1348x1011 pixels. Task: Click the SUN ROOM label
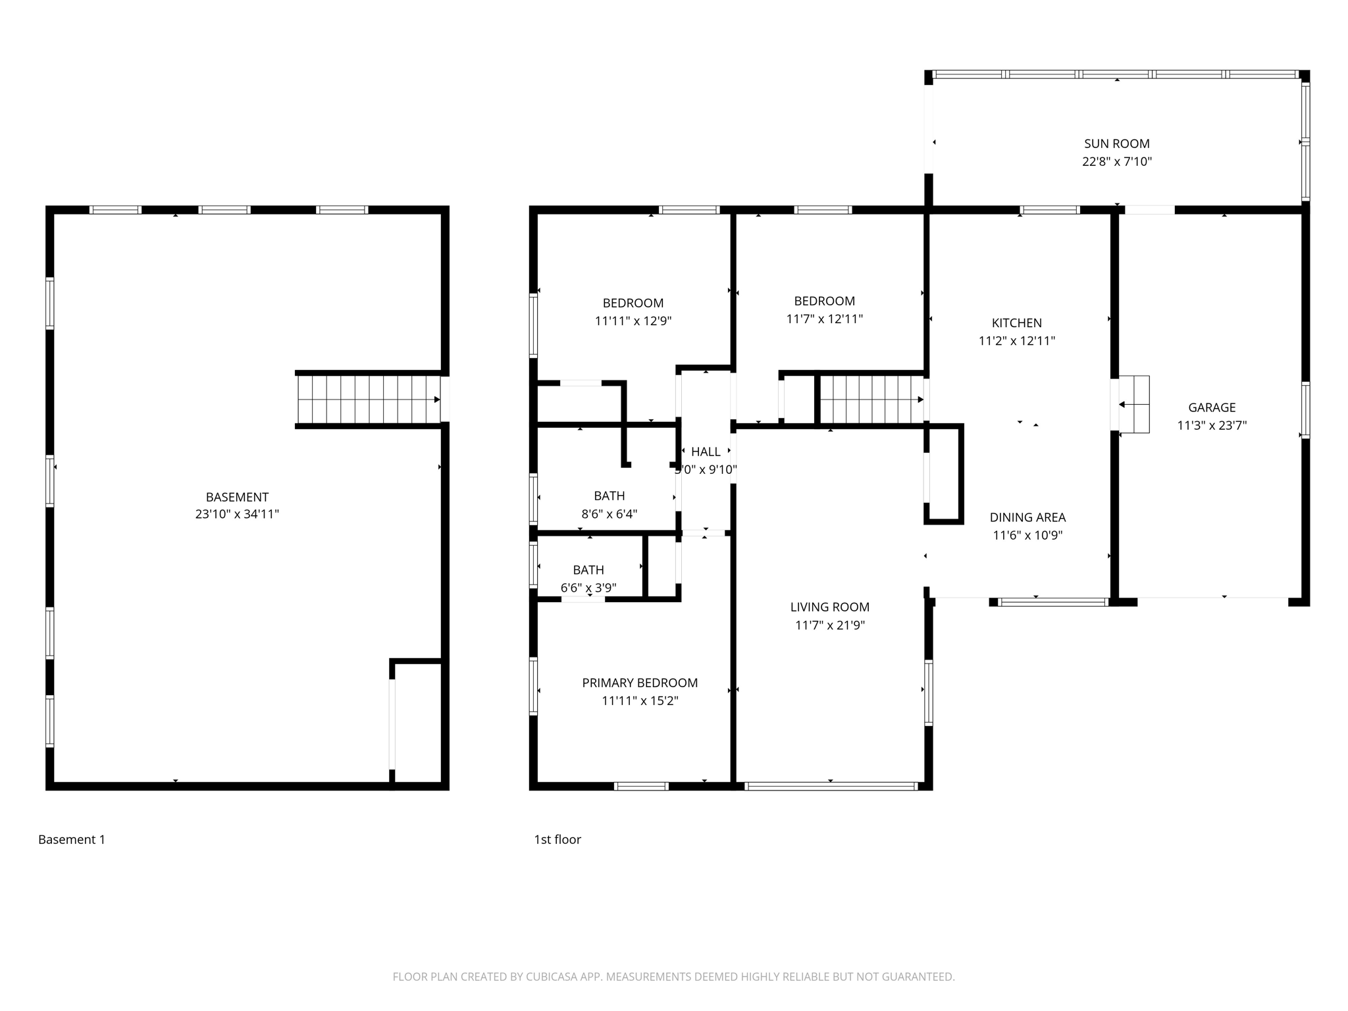[1116, 143]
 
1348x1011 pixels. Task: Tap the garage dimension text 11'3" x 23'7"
[1212, 425]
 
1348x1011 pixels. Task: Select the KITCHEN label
[1016, 323]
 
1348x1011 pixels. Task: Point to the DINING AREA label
[1027, 517]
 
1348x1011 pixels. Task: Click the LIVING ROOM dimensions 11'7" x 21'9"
[829, 625]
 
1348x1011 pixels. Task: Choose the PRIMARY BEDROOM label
[639, 683]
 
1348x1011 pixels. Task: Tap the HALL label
[706, 452]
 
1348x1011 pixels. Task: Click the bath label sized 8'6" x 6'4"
[609, 496]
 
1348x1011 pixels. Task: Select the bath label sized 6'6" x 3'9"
[588, 570]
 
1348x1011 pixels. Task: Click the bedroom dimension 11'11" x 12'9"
[633, 321]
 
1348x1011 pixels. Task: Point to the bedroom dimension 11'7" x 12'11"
[824, 319]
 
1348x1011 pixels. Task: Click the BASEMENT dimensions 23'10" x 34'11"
[237, 514]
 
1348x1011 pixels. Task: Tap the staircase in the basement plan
[369, 400]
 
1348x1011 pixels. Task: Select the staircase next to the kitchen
[871, 400]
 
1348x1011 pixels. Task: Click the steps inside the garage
[1134, 404]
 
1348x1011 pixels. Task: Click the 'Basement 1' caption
[72, 839]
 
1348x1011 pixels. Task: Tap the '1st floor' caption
[557, 839]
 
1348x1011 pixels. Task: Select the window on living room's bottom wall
[831, 786]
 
